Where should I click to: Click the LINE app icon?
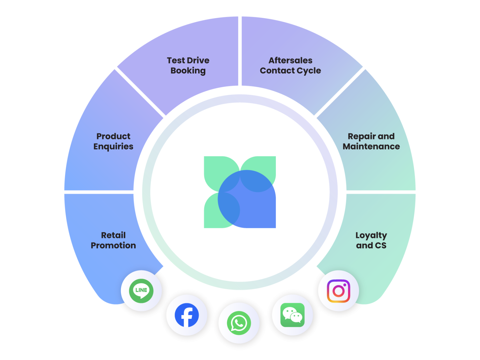[141, 291]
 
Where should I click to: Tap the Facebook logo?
[187, 315]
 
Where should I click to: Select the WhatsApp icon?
[238, 323]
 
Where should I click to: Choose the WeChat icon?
[292, 315]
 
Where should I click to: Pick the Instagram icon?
[338, 291]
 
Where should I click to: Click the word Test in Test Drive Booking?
[176, 60]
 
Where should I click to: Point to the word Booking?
[188, 71]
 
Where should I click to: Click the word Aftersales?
[290, 60]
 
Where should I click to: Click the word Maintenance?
[371, 146]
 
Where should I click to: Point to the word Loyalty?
[371, 236]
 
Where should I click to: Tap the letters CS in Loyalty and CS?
[380, 245]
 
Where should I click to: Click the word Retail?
[113, 235]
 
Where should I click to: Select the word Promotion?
[113, 245]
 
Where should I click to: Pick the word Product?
[113, 136]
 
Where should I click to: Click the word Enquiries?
[113, 146]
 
